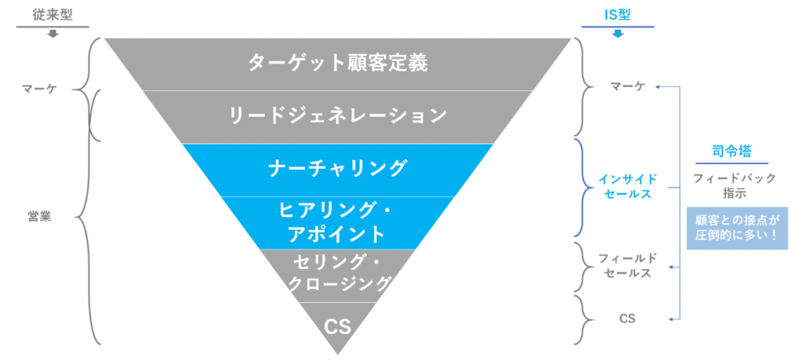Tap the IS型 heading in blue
click(618, 14)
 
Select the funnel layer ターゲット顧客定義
click(337, 63)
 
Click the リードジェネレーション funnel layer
click(337, 116)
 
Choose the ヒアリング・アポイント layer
click(337, 222)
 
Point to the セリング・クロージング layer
click(337, 274)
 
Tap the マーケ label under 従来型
click(38, 89)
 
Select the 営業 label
click(38, 217)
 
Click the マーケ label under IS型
click(627, 85)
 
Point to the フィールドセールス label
click(627, 266)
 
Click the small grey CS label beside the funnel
click(627, 319)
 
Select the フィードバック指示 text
click(735, 185)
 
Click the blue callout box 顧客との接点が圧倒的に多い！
click(736, 228)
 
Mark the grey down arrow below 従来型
click(53, 34)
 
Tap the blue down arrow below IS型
click(618, 34)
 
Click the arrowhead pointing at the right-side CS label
click(653, 319)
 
